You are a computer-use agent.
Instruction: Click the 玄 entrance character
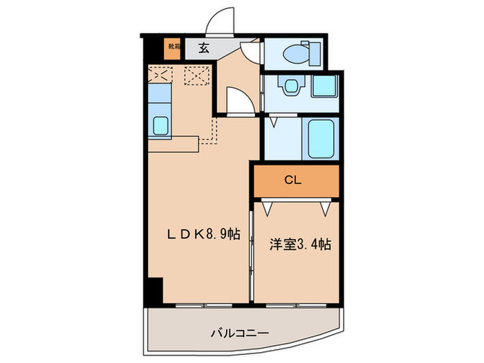pyautogui.click(x=205, y=48)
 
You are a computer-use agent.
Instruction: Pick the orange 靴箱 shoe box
pyautogui.click(x=172, y=48)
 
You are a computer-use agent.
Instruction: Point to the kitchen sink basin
pyautogui.click(x=160, y=126)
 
